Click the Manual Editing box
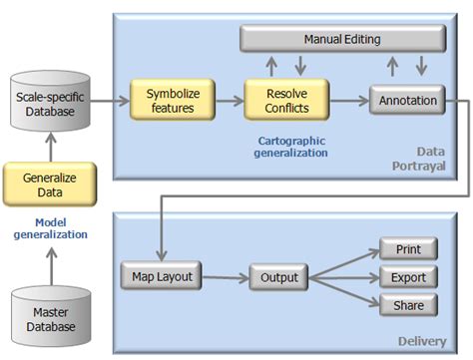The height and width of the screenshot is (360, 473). (x=342, y=39)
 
